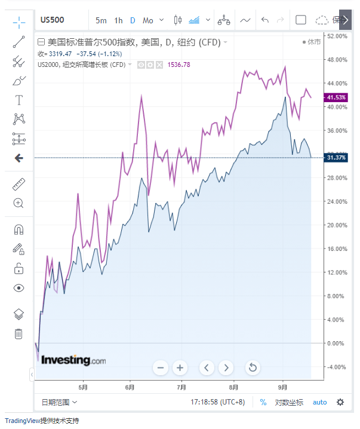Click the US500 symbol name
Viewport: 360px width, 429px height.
point(52,20)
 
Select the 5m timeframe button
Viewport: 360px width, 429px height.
point(101,20)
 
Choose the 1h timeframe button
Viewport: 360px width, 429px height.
point(118,20)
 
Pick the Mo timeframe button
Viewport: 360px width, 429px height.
point(147,20)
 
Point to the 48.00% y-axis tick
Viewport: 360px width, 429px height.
point(337,60)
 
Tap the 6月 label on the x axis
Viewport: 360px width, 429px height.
point(131,387)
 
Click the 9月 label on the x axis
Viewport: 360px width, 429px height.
point(283,387)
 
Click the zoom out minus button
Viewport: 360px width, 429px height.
point(160,367)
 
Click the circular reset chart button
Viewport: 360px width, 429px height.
point(253,367)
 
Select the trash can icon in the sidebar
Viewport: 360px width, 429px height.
point(19,333)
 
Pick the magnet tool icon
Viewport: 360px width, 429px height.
point(19,229)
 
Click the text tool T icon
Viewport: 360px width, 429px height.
point(19,100)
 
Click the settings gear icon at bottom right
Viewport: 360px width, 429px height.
point(340,402)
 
